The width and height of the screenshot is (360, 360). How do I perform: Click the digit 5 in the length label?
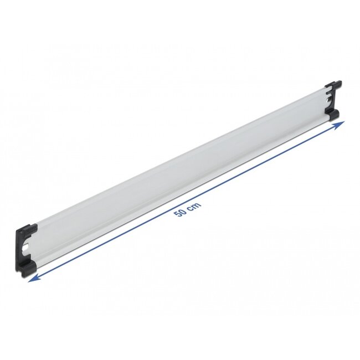[177, 214]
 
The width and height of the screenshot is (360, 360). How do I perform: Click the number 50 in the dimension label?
[179, 213]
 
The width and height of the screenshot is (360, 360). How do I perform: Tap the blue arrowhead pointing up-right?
[340, 125]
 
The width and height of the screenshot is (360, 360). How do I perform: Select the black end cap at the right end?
[333, 100]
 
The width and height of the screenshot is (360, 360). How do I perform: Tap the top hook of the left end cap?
[28, 228]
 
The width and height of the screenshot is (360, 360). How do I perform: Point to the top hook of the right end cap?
[335, 85]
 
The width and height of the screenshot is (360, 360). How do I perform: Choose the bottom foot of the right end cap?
[333, 114]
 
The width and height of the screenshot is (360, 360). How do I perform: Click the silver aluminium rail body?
[177, 172]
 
